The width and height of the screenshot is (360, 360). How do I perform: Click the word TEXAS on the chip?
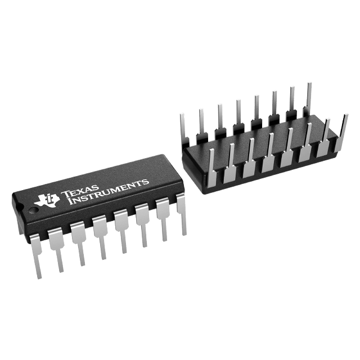(x=79, y=190)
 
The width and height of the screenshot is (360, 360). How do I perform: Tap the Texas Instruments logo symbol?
(x=46, y=200)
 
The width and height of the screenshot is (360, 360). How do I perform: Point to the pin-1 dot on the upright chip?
(x=34, y=210)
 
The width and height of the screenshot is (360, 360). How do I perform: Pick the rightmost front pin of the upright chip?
(x=182, y=213)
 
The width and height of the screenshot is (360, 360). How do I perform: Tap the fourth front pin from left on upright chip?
(x=101, y=236)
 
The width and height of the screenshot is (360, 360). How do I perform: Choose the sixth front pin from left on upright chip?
(x=142, y=226)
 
